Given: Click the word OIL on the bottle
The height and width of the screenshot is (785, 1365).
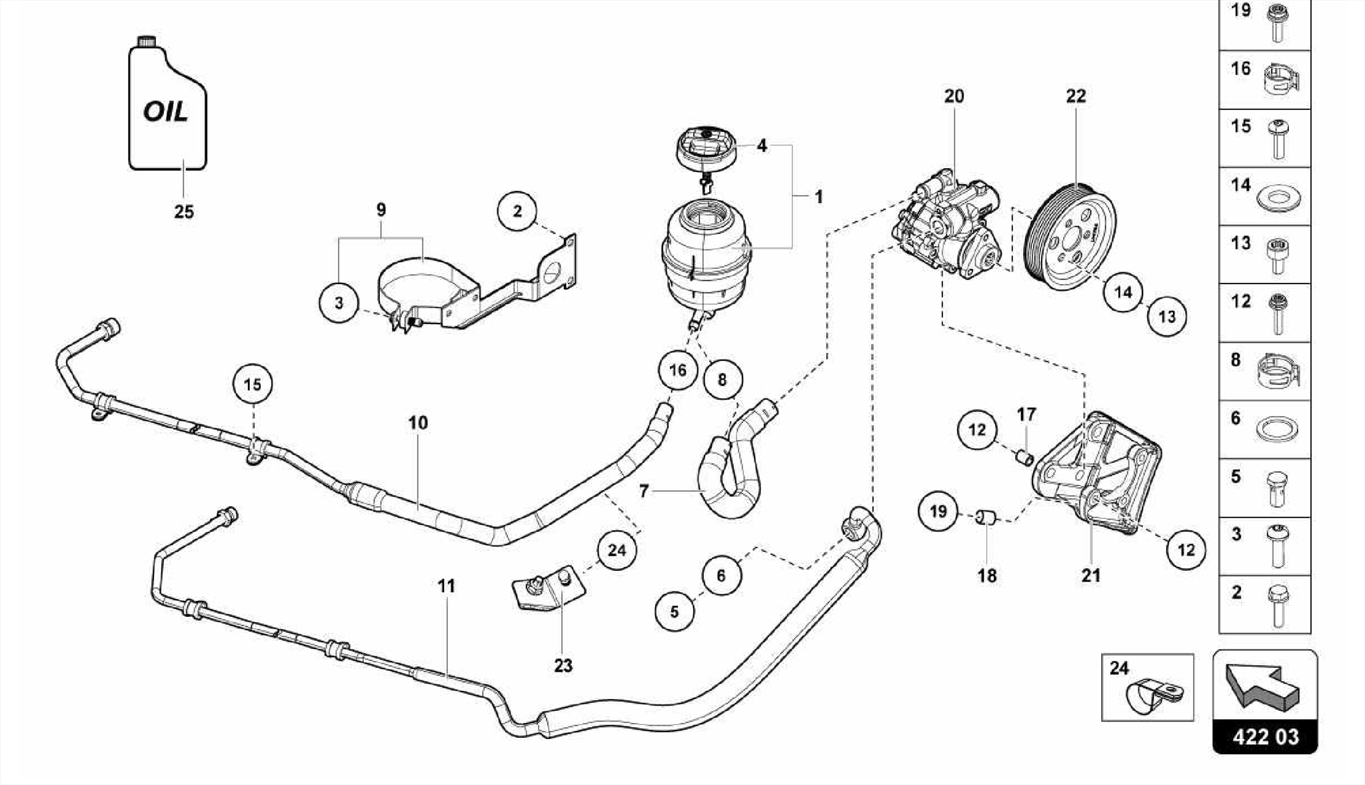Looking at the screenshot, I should click(165, 111).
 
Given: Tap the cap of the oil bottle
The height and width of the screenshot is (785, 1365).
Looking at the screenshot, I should click(146, 41).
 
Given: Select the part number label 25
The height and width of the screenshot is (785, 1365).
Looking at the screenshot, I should click(184, 212).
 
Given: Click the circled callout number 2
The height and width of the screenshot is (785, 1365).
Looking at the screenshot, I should click(517, 211).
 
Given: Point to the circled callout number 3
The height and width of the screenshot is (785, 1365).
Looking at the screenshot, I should click(339, 303).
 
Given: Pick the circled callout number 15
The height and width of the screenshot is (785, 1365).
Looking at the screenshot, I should click(253, 384).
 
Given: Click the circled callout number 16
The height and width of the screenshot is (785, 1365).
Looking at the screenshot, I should click(677, 370).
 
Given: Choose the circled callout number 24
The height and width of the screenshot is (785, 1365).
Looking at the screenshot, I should click(617, 550).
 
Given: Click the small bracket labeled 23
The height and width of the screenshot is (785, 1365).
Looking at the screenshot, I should click(548, 590).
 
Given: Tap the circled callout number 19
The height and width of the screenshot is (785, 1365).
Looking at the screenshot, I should click(938, 511).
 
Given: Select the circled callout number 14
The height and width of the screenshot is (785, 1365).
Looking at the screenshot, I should click(1123, 292).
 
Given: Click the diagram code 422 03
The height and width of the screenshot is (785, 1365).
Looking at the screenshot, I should click(1265, 737).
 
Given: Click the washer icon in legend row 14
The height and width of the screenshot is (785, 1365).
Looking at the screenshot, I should click(1277, 198).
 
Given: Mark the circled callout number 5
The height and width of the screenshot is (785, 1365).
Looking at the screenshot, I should click(675, 611).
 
